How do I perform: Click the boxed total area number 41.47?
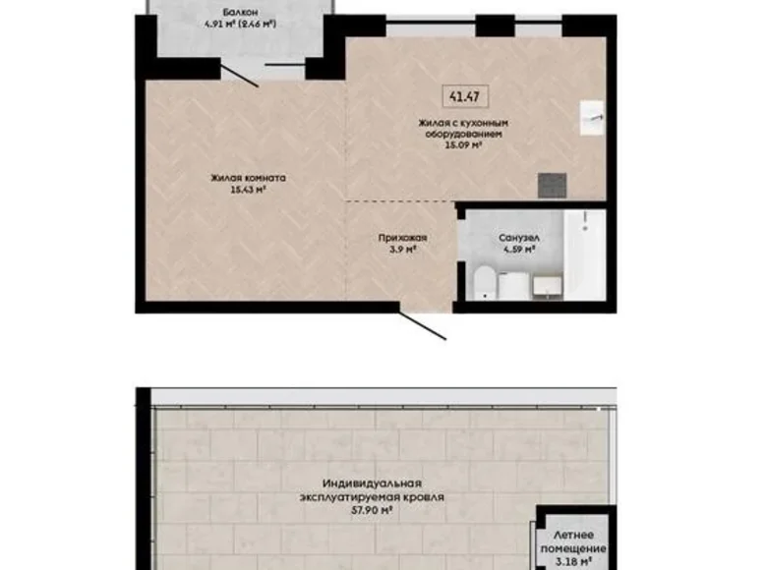pos(456,96)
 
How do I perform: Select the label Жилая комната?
pos(247,179)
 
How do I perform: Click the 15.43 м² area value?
pos(247,191)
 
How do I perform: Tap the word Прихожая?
pos(403,238)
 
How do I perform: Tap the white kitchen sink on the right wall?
pos(593,116)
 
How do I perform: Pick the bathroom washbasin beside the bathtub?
pos(546,284)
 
